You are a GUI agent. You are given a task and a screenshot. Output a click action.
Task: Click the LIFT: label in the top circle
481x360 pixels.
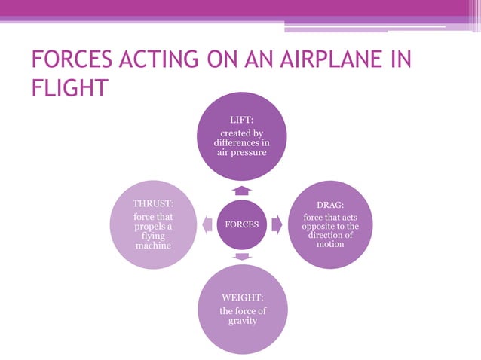241,120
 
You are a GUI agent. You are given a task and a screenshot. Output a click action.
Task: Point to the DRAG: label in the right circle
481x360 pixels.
330,204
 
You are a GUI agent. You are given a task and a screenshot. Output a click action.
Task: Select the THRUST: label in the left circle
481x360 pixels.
153,204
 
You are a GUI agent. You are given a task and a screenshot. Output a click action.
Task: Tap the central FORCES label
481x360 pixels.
241,224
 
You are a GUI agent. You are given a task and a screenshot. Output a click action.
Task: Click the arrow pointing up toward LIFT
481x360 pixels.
241,190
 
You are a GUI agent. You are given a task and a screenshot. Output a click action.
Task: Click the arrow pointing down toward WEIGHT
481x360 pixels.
241,258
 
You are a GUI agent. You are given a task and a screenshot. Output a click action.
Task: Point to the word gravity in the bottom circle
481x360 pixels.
242,322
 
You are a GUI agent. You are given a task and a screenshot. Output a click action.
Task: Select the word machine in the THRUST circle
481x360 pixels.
153,246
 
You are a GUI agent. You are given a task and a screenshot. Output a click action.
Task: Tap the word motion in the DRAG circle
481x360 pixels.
330,244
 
